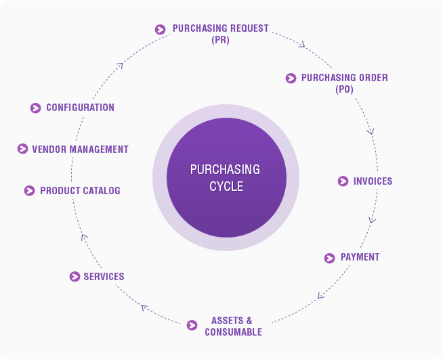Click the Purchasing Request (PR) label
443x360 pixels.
[220, 34]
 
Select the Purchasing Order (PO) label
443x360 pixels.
[344, 83]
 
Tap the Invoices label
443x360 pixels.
[373, 181]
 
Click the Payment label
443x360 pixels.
[360, 258]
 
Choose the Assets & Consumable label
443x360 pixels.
[233, 326]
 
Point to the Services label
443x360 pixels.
[104, 277]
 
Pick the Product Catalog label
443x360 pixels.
[80, 191]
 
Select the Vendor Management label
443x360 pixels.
[80, 150]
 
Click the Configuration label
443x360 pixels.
[80, 108]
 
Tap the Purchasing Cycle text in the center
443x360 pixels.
[226, 177]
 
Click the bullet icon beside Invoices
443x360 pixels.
[343, 181]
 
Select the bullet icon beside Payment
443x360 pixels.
[330, 258]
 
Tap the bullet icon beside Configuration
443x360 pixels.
[36, 108]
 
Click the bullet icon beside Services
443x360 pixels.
[75, 277]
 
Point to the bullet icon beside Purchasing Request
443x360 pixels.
[160, 29]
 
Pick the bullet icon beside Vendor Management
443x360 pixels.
[22, 150]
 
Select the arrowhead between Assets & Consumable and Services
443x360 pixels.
[144, 308]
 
